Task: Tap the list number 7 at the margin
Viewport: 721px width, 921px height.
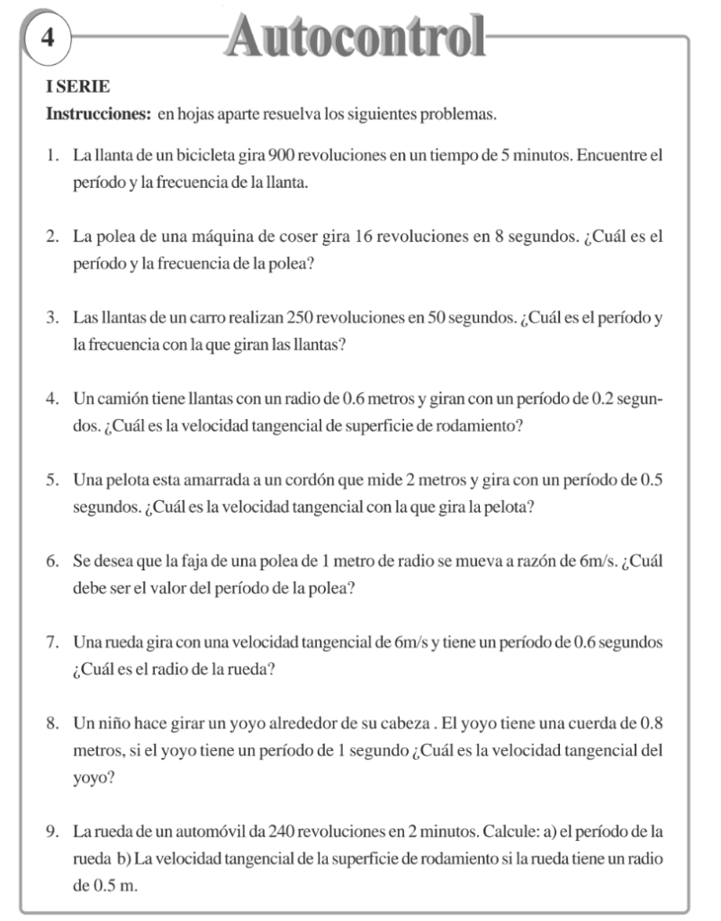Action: (52, 643)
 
